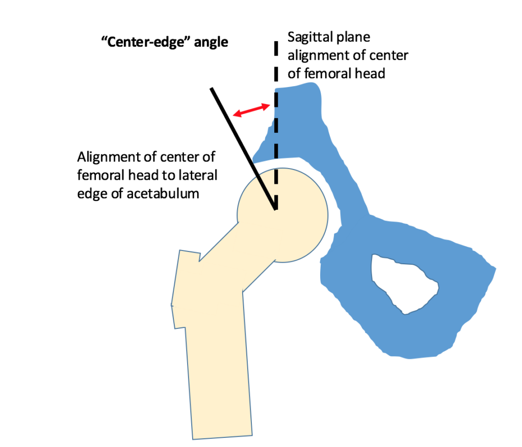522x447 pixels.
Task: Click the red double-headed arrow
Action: [251, 110]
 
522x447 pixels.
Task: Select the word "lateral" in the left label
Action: [197, 176]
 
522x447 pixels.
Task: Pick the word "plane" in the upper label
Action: [353, 38]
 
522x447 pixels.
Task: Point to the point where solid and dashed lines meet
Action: [276, 209]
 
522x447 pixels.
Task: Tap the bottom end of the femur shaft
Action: [222, 435]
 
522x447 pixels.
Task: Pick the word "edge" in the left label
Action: [90, 193]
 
